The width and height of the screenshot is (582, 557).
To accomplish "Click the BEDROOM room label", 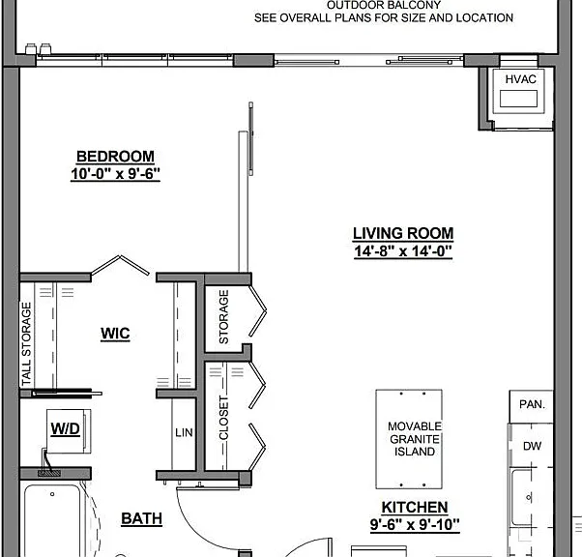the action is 115,157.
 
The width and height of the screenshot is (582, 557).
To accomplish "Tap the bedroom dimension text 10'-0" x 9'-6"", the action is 115,173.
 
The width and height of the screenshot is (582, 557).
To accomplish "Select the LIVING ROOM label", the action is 403,234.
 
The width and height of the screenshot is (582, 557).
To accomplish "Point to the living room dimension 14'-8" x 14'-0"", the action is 403,251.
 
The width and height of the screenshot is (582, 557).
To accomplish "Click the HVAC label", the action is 521,79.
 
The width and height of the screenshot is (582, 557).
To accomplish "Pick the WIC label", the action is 115,334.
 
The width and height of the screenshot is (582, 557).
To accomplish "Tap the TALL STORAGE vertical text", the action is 26,344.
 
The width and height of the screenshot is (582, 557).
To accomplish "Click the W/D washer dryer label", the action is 66,429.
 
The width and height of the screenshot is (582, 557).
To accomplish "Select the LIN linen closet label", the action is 184,432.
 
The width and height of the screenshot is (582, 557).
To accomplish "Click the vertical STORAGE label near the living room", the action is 224,317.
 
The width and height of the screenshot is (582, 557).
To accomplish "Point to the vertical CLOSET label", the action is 224,418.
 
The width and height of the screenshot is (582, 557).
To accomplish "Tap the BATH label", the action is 142,518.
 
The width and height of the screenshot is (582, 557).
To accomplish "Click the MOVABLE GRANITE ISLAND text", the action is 415,439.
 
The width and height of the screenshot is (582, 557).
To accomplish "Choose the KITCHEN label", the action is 415,508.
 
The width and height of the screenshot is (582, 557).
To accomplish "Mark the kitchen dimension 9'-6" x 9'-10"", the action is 415,525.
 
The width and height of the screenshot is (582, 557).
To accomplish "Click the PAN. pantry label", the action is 533,404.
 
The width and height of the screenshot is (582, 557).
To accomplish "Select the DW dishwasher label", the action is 533,446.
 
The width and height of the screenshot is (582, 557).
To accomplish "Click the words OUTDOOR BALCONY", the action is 384,5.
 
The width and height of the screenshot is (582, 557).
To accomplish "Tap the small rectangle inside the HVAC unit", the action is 518,99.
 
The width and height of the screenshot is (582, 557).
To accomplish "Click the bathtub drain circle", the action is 52,494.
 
